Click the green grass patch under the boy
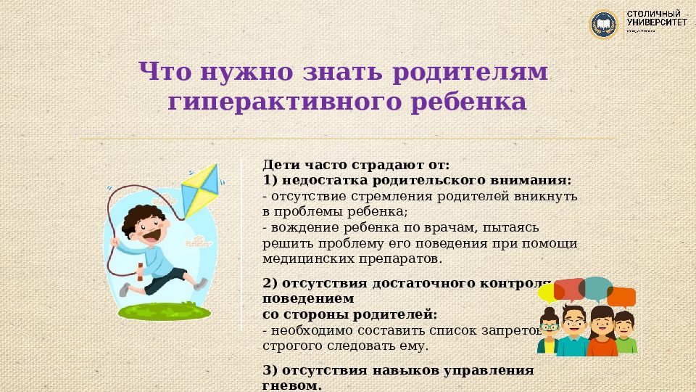click(x=165, y=312)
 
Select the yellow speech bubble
click(x=549, y=292)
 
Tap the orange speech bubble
click(x=622, y=296)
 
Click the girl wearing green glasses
click(x=549, y=330)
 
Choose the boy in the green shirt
click(x=625, y=334)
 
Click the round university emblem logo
click(x=602, y=24)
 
